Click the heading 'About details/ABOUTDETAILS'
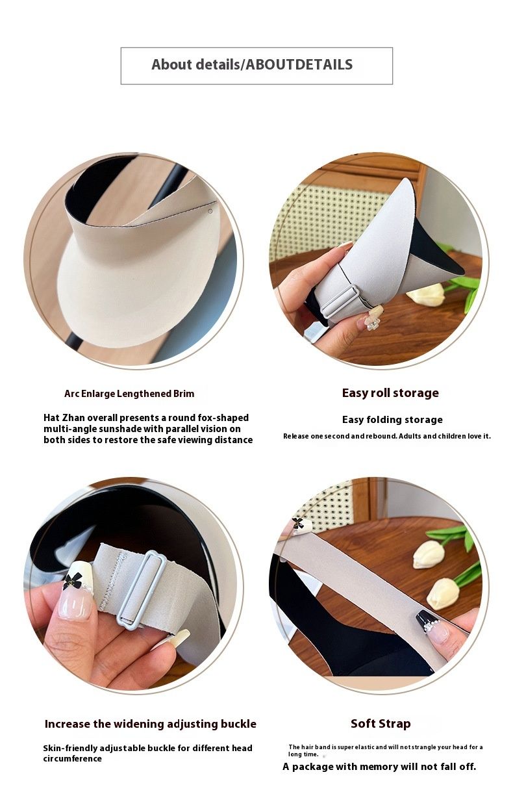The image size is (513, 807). point(252,64)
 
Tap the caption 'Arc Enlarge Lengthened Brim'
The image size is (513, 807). point(129,393)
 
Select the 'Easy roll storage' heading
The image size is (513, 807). point(390,392)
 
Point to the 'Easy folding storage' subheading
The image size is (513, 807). point(392,420)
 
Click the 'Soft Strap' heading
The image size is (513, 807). point(381,723)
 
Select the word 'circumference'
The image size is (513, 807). point(72,758)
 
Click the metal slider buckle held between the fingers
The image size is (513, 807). point(142,589)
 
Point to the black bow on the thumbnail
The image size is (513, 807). point(72,580)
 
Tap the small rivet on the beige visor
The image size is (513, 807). point(210,211)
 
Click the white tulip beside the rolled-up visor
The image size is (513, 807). point(425,294)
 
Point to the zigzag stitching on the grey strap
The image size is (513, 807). point(112,582)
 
